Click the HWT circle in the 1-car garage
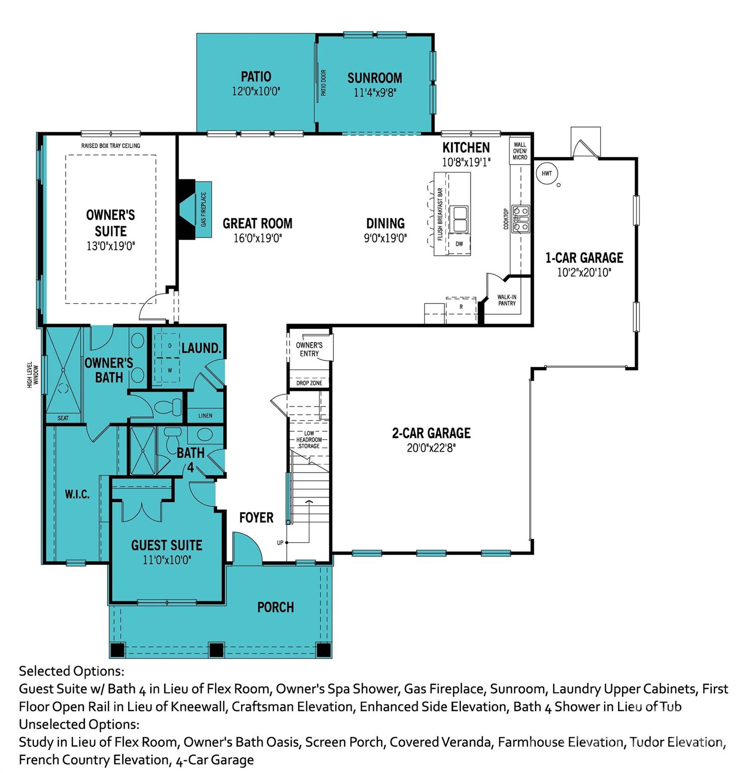tap(547, 174)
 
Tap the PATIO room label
tap(256, 77)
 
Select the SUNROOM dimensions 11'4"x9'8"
tap(375, 93)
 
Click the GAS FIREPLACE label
tap(204, 209)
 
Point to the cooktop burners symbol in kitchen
tap(521, 218)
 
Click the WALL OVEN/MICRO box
tap(520, 151)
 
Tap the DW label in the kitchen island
tap(459, 244)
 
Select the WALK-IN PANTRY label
tap(507, 300)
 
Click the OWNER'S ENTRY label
tap(309, 349)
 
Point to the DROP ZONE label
tap(309, 383)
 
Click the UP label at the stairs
tap(280, 543)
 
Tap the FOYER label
tap(256, 517)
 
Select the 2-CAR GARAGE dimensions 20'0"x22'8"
tap(431, 448)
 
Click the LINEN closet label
tap(205, 416)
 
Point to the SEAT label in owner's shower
tap(63, 418)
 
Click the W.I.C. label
tap(77, 495)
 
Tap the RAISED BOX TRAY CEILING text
tap(111, 146)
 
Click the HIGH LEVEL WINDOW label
tap(33, 374)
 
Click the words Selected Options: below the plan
tap(71, 671)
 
